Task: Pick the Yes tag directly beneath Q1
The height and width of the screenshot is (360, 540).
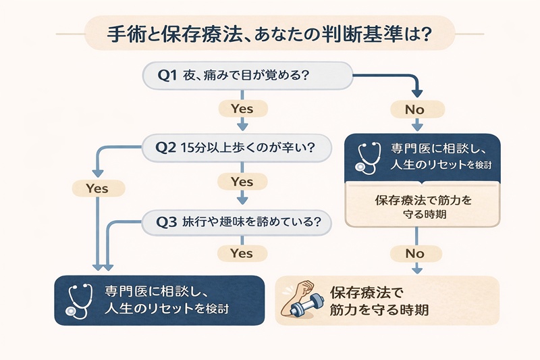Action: click(x=241, y=108)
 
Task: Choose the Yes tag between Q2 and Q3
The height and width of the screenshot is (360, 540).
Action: click(x=241, y=182)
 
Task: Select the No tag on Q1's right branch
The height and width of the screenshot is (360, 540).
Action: click(x=416, y=108)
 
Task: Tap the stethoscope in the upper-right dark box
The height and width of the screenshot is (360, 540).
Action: click(x=369, y=157)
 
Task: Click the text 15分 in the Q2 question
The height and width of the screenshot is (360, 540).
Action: click(x=197, y=149)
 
